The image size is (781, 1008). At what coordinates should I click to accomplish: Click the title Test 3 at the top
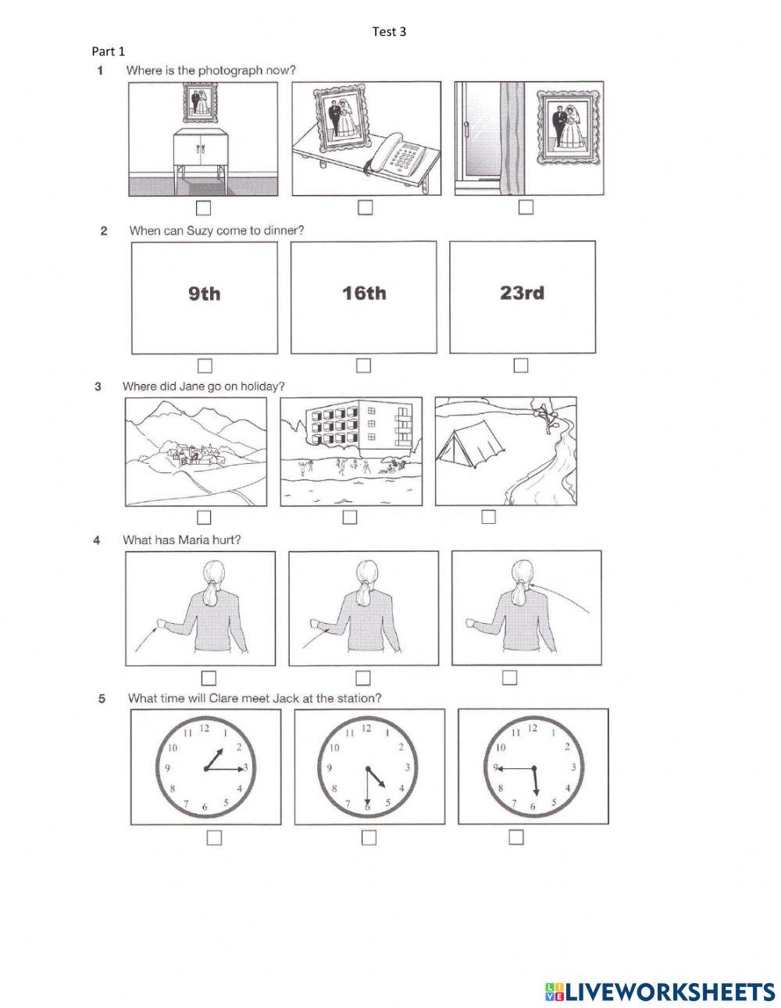pos(390,32)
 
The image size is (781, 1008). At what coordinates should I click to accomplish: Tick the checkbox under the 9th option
pos(205,365)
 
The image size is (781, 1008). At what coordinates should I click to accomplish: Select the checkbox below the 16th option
pos(363,365)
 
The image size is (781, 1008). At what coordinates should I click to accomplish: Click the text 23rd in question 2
pos(522,294)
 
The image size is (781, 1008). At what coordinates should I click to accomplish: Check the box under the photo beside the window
pos(526,207)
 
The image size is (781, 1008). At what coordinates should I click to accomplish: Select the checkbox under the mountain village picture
pos(204,517)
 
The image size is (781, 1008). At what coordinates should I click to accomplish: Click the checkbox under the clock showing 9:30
pos(515,837)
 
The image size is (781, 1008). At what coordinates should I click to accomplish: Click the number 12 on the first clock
pos(205,728)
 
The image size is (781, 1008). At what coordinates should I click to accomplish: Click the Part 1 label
pos(109,52)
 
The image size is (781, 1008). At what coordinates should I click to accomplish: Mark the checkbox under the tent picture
pos(488,516)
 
